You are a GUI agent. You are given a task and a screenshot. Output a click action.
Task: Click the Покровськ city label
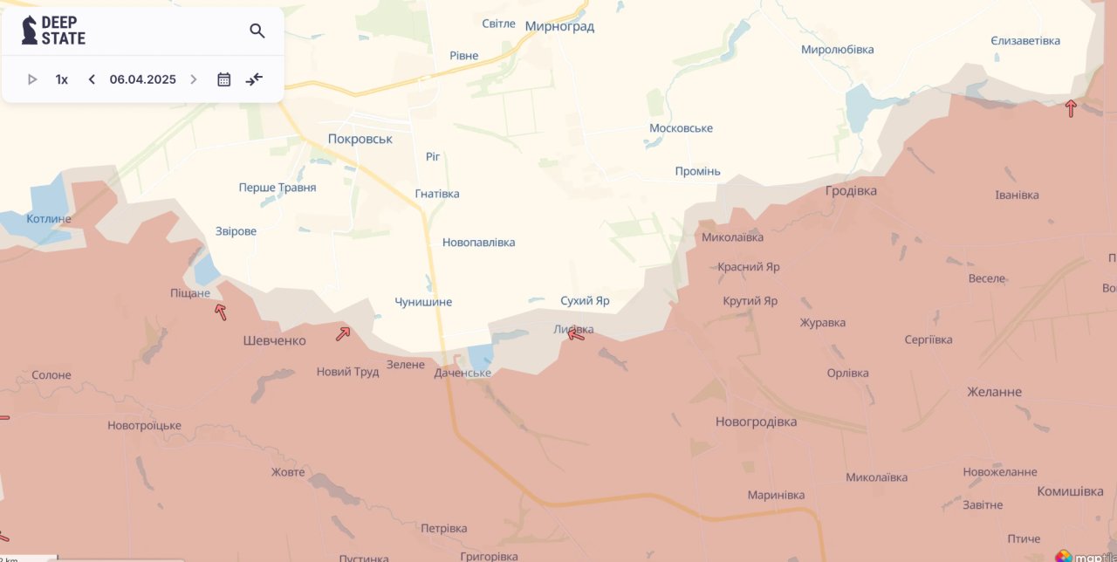point(360,139)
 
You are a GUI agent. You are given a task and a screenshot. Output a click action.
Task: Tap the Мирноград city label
point(559,26)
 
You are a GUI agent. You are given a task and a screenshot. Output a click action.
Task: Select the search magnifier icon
point(257,31)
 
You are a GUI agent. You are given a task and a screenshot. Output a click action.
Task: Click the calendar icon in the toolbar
point(223,79)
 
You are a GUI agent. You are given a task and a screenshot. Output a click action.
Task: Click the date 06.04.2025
point(142,79)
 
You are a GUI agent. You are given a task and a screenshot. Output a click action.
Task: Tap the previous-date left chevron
point(92,79)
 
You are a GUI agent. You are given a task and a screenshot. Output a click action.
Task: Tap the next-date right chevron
point(194,79)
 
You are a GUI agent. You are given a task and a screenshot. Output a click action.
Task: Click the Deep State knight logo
point(30,31)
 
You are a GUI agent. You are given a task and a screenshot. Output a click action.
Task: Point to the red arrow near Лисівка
point(576,333)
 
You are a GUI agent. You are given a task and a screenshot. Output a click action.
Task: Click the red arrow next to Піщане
point(221,312)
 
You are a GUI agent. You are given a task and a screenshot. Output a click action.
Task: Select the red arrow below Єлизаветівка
point(1071,108)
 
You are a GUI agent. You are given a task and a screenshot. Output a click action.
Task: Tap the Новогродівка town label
point(756,421)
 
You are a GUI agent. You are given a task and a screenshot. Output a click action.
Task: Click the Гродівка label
point(851,190)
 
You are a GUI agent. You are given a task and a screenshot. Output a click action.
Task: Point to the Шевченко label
point(274,340)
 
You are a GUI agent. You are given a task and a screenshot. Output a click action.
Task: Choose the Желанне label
point(994,392)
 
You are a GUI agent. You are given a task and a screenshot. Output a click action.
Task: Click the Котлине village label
point(49,218)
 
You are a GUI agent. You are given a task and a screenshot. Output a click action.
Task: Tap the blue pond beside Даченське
point(480,356)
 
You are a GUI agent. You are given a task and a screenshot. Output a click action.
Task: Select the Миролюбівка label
point(837,50)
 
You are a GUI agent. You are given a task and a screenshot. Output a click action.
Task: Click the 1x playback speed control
point(61,79)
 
